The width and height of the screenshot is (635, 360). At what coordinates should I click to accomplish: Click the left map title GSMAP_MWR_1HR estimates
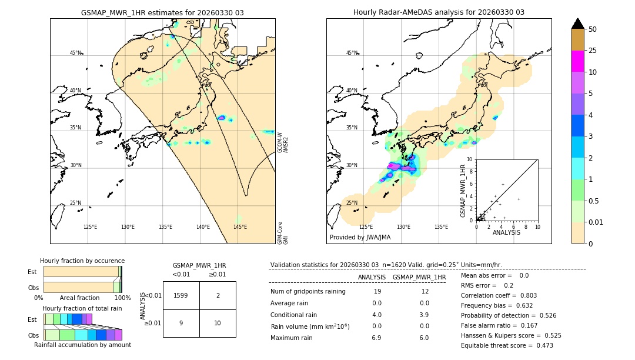[162, 12]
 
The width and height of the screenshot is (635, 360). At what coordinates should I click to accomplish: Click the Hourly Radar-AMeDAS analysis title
[439, 12]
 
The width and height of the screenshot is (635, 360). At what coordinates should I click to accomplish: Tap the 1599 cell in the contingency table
[181, 295]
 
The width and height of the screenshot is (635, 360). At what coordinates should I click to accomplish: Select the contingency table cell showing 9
[181, 323]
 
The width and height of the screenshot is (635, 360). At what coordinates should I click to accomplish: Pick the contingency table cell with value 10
[218, 323]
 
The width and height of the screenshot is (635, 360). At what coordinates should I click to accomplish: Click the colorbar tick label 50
[593, 29]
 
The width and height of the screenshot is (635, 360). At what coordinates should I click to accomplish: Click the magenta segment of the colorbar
[577, 61]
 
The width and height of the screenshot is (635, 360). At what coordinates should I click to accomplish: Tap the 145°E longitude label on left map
[240, 227]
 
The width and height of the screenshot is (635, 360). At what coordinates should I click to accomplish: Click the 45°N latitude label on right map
[352, 53]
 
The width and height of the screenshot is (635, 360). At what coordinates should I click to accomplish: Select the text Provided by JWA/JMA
[360, 238]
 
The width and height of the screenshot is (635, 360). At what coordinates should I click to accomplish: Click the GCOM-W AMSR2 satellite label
[283, 143]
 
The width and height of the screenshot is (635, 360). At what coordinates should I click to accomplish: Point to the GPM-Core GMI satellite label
[283, 233]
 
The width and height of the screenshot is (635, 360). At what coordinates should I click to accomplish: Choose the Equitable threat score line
[507, 345]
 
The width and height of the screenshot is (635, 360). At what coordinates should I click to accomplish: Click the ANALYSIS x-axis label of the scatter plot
[506, 232]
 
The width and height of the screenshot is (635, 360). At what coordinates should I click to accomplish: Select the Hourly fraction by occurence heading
[82, 261]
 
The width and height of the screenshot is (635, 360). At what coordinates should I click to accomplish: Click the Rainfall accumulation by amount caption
[82, 345]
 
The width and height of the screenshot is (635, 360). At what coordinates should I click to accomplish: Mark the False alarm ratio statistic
[507, 325]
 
